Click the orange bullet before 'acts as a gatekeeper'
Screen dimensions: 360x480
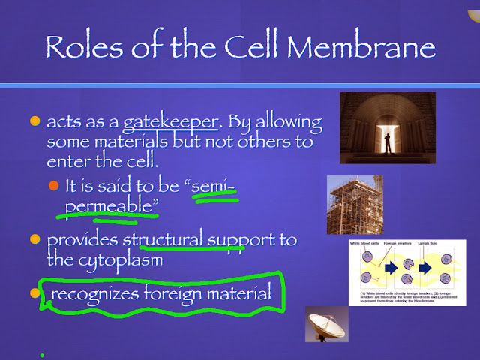coord(34,122)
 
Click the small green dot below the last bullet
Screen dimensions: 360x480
coord(42,355)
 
